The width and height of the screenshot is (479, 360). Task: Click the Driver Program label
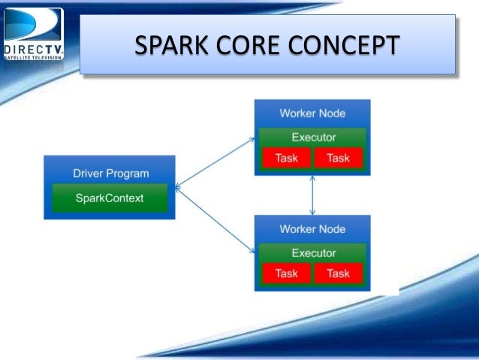tap(110, 173)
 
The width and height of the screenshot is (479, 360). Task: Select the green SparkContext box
tap(110, 198)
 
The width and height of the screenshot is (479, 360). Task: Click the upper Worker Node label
tap(312, 113)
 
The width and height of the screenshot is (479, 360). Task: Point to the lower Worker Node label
tap(312, 228)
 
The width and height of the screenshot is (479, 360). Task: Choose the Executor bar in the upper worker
tap(312, 137)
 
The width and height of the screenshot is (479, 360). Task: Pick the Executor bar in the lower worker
tap(312, 253)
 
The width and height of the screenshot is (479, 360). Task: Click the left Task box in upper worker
tap(286, 158)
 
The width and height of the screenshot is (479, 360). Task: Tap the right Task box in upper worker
tap(338, 158)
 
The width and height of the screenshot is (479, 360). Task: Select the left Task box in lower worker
tap(286, 274)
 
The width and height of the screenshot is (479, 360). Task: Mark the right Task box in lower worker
tap(338, 274)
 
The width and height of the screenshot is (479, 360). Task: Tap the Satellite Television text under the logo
tap(33, 56)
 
